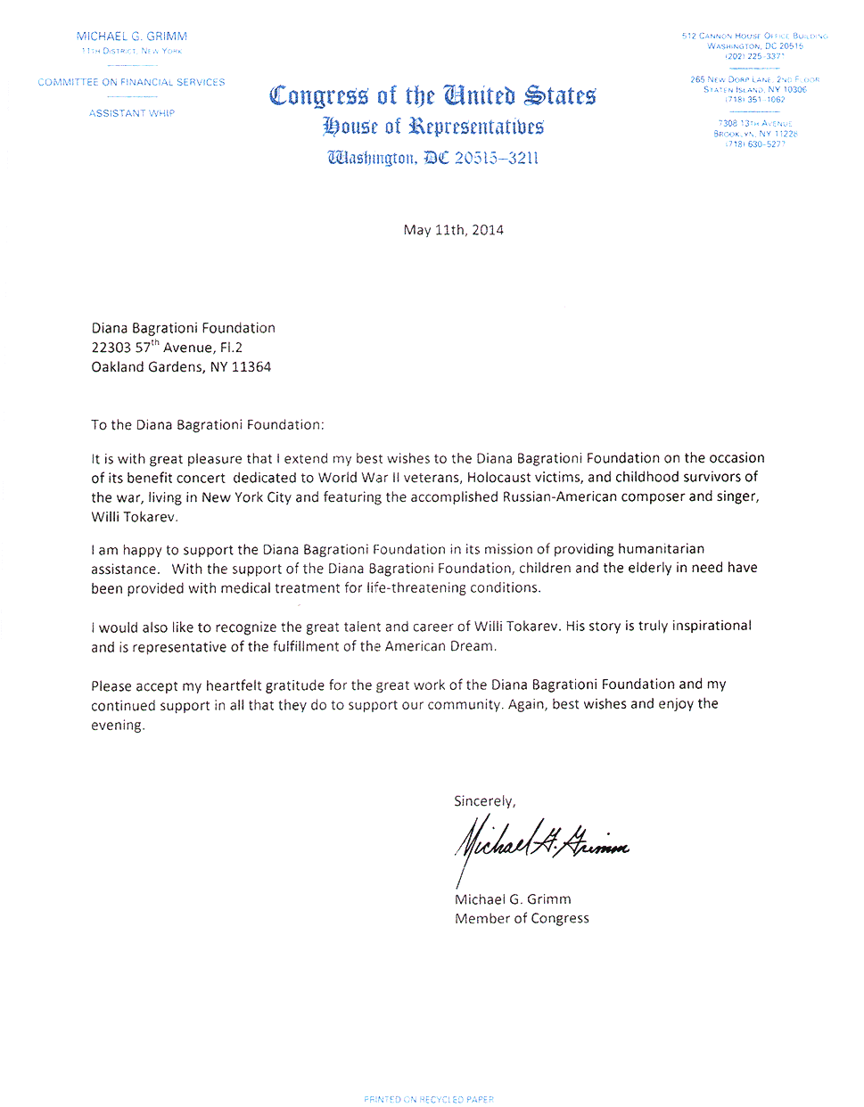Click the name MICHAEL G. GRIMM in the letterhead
tap(132, 37)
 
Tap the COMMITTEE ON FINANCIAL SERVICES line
tap(131, 82)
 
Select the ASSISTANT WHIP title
tap(132, 113)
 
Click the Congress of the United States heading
tap(432, 95)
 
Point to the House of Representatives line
tap(432, 127)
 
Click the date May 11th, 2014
tap(453, 230)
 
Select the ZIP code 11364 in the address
tap(251, 367)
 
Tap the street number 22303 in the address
tap(111, 348)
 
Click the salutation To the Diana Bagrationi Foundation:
tap(208, 425)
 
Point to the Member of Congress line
tap(522, 919)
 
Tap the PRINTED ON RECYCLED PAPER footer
tap(429, 1099)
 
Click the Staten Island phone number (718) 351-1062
tap(754, 100)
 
